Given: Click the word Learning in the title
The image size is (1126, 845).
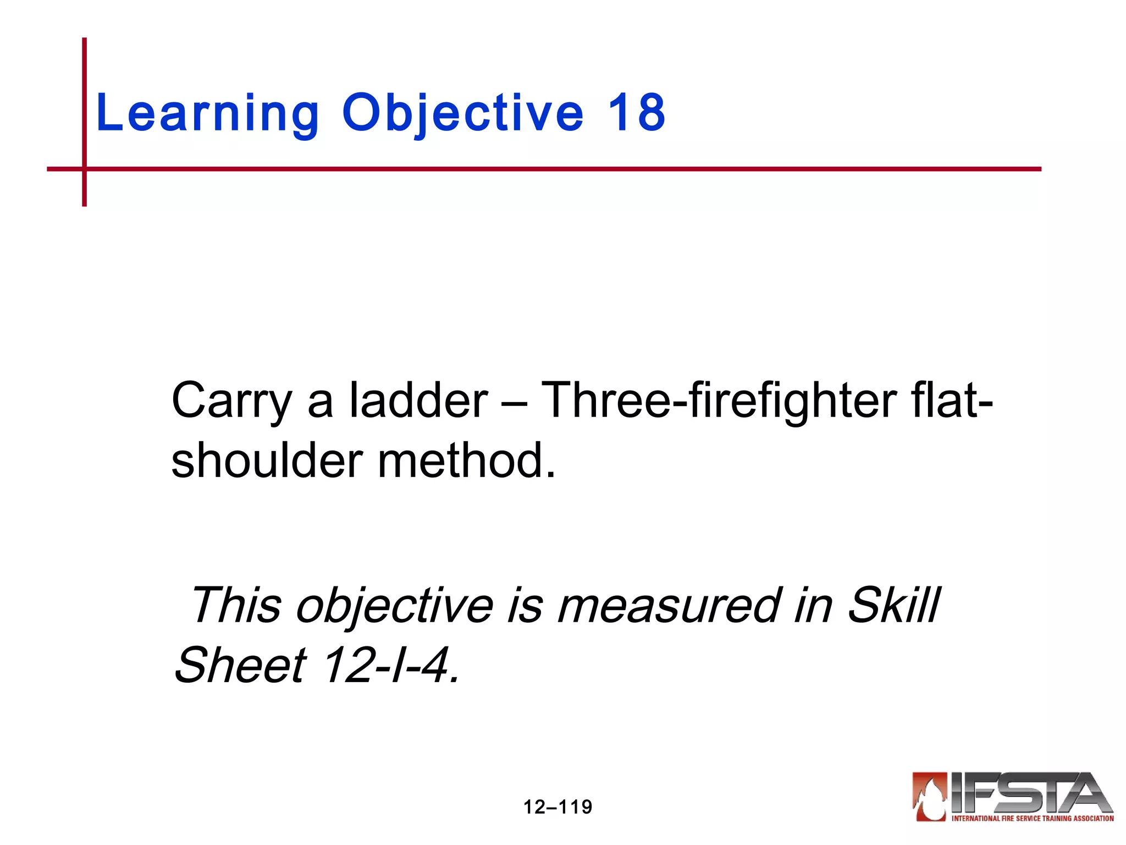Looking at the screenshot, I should [x=207, y=114].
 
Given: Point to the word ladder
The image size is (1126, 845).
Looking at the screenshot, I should [x=418, y=400].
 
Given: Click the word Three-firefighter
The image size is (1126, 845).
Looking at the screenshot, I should [x=719, y=400].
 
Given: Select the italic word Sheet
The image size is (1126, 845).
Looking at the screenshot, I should [x=240, y=666].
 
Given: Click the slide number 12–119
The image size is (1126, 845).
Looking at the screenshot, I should [x=558, y=807].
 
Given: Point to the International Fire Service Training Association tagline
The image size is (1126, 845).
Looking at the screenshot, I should [x=1033, y=819].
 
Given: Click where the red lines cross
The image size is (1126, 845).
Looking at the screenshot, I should [x=84, y=169].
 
